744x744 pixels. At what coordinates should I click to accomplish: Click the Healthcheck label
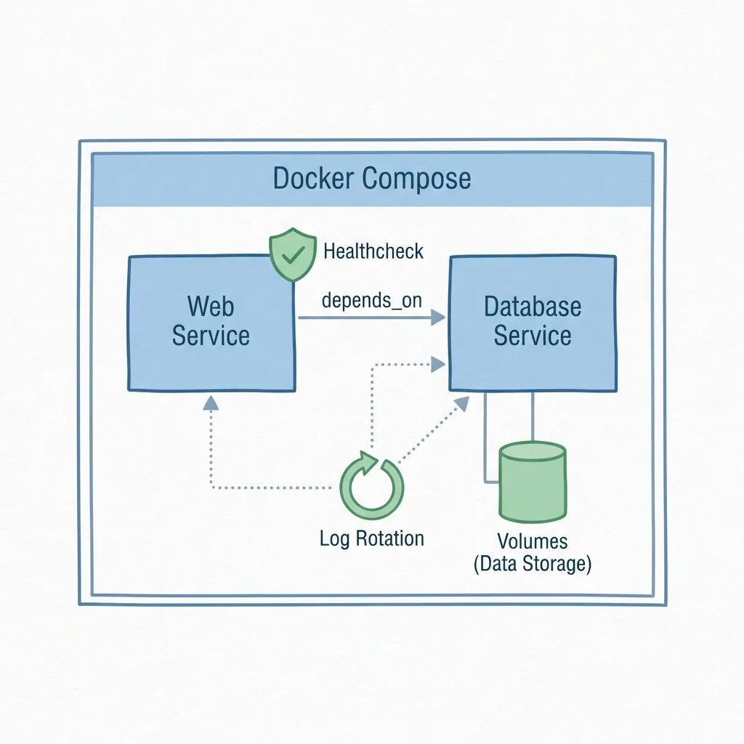(373, 252)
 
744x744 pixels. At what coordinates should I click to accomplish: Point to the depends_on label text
(371, 300)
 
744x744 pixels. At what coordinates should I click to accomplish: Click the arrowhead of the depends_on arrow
(437, 318)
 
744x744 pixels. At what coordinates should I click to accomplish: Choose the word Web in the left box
(211, 306)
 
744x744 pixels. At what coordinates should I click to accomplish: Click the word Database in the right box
(533, 307)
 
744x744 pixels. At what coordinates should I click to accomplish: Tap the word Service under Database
(533, 336)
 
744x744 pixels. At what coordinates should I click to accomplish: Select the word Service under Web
(211, 336)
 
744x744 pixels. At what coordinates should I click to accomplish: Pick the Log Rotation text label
(371, 538)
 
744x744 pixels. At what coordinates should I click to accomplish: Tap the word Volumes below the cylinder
(532, 541)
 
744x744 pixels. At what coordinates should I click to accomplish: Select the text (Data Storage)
(532, 564)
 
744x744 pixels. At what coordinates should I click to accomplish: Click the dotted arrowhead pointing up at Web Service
(210, 403)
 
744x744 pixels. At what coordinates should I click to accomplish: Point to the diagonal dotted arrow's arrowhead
(463, 403)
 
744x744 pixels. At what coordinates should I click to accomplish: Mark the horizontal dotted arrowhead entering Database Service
(438, 363)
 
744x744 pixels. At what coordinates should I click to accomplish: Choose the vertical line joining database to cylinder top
(534, 416)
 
